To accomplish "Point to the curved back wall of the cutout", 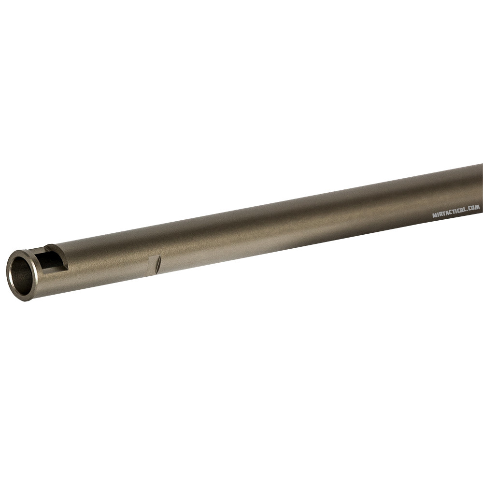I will (x=62, y=257).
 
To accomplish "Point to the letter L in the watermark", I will (x=466, y=211).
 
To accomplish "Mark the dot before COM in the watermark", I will (x=468, y=212).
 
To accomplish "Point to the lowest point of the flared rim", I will (x=24, y=300).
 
